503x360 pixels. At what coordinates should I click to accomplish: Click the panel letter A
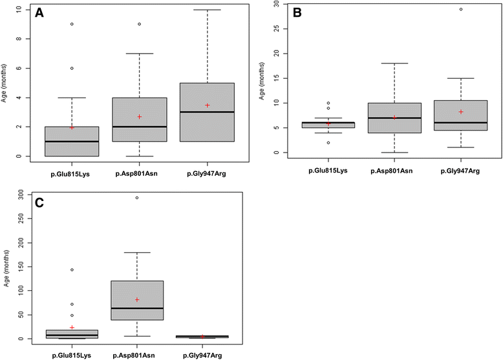click(x=39, y=13)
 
